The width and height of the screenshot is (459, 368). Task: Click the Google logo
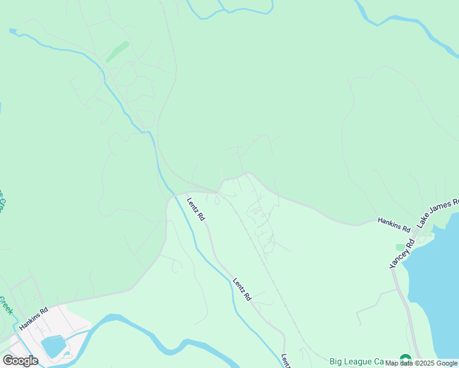[20, 360]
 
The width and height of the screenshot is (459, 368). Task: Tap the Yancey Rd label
[403, 253]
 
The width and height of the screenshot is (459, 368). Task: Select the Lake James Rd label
[438, 214]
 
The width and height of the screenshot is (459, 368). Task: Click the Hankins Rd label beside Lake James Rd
[393, 223]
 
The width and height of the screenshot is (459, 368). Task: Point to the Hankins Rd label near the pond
[33, 319]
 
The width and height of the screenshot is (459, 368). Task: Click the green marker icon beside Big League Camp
[405, 360]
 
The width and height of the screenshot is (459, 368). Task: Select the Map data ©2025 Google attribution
[422, 363]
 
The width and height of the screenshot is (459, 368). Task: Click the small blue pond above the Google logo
[53, 345]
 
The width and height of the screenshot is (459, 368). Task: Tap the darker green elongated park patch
[117, 52]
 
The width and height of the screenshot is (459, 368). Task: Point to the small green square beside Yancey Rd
[400, 247]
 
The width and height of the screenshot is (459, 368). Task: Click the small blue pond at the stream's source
[13, 30]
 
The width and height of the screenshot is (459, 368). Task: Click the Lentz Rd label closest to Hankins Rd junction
[196, 209]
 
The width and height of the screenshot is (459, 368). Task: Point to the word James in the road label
[439, 213]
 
